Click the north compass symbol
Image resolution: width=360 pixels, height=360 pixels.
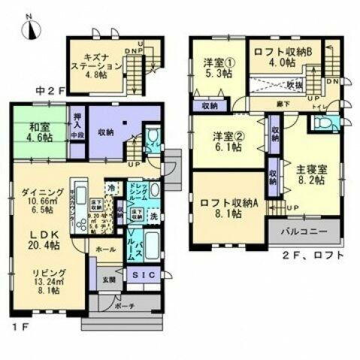(x=28, y=28)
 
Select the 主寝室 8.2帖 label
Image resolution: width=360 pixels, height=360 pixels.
(x=310, y=174)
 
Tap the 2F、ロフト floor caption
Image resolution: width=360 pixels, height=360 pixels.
(x=313, y=256)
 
